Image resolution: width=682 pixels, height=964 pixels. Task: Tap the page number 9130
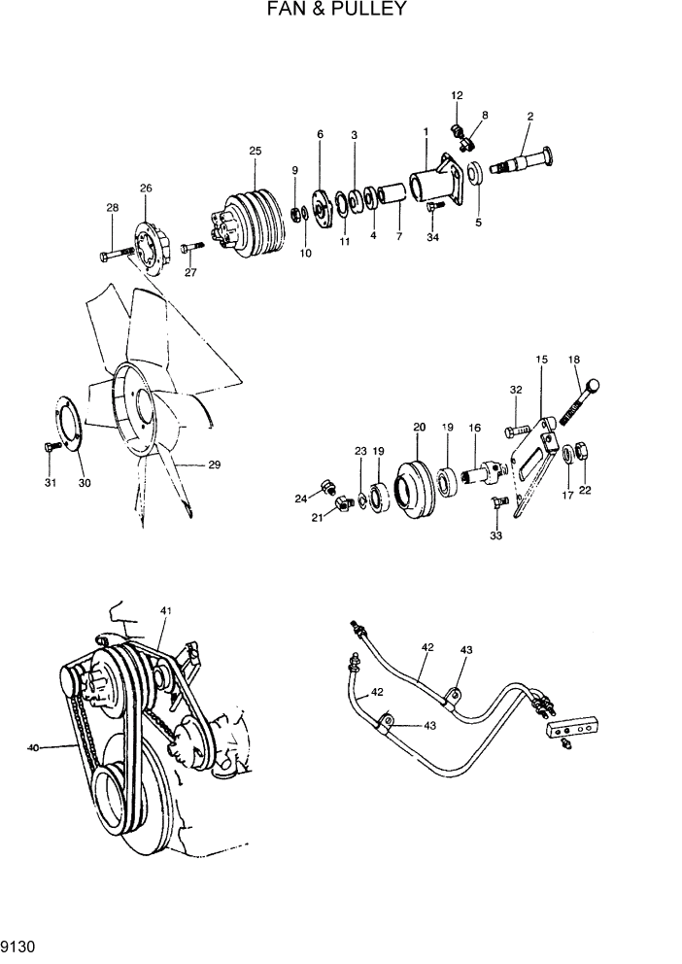20,944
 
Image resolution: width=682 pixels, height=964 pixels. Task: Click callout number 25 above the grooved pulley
256,151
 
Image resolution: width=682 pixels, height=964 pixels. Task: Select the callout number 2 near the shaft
529,117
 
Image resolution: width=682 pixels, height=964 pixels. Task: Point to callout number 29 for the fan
214,465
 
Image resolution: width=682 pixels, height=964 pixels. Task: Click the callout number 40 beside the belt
34,747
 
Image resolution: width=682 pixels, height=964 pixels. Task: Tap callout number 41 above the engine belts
166,610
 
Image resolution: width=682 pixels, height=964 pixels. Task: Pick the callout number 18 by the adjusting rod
573,360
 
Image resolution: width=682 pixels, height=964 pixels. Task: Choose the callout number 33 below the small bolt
497,535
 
